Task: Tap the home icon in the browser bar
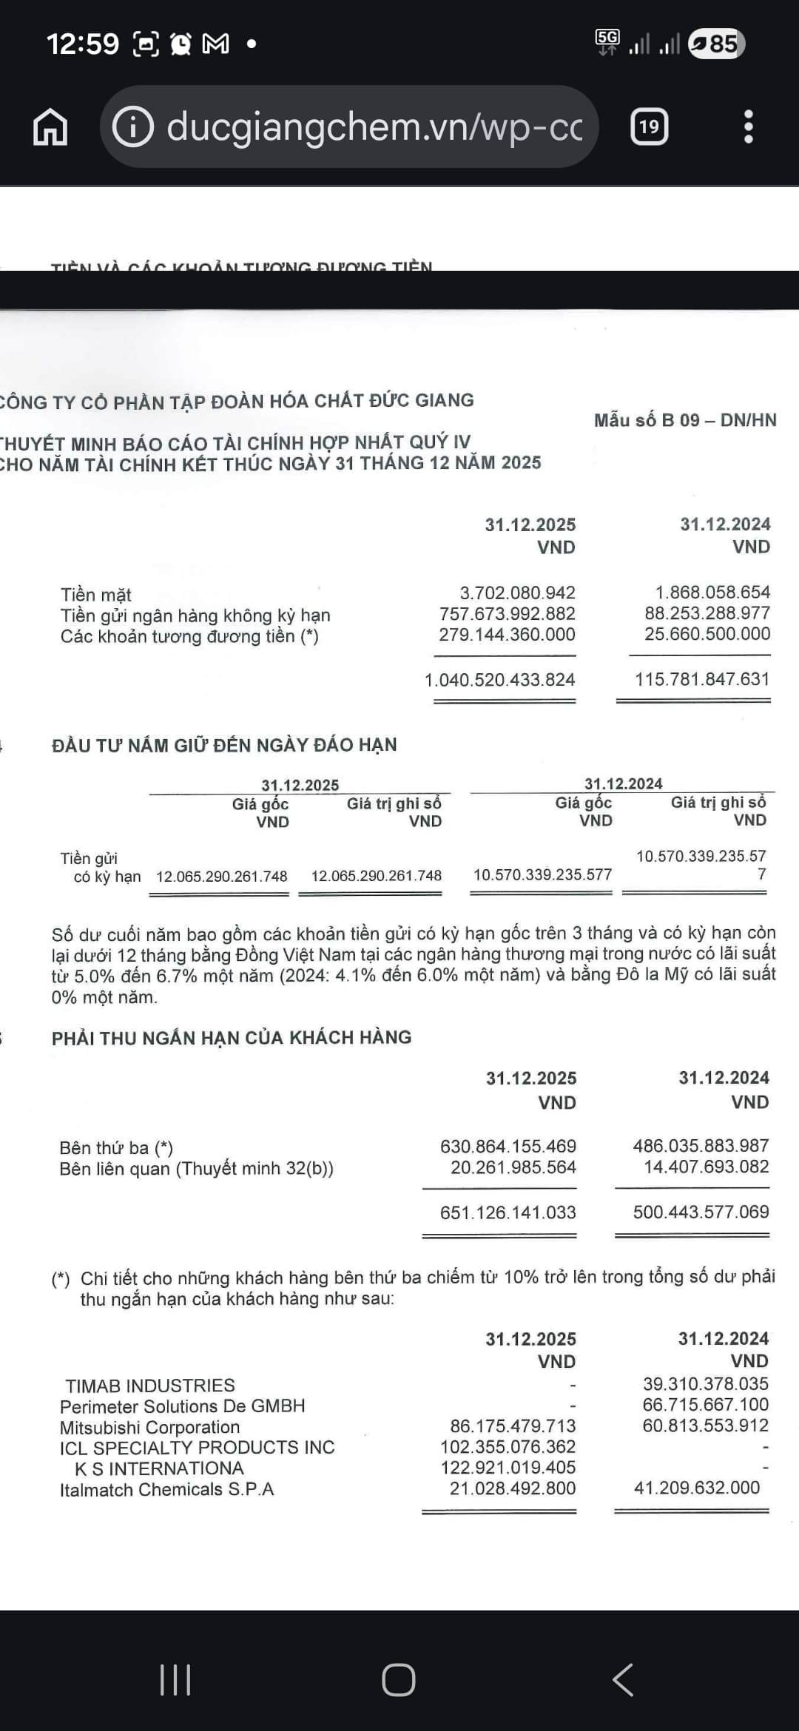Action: (50, 127)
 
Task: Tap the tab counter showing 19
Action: (649, 127)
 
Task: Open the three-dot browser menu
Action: (748, 127)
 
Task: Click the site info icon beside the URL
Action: (132, 127)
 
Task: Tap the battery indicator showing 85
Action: (715, 44)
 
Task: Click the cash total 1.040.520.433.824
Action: (499, 680)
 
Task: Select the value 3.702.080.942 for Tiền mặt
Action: (517, 593)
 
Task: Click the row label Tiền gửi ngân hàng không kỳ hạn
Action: (195, 615)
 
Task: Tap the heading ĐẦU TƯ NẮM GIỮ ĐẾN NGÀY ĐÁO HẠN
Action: (224, 745)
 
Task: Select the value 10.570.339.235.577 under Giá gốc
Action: (542, 875)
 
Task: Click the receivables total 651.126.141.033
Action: (508, 1212)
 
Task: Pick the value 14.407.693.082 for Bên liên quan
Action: (706, 1167)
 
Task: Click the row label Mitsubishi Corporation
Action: (149, 1427)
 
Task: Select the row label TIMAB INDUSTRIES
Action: (149, 1386)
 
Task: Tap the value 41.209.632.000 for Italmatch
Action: (696, 1488)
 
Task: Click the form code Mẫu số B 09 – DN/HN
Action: (685, 420)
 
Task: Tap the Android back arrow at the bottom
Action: (623, 1679)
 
